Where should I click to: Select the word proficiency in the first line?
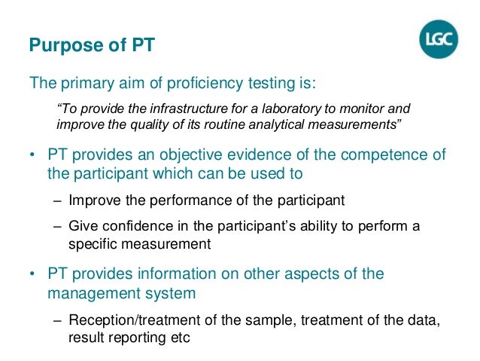click(202, 81)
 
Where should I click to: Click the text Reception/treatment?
click(129, 320)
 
